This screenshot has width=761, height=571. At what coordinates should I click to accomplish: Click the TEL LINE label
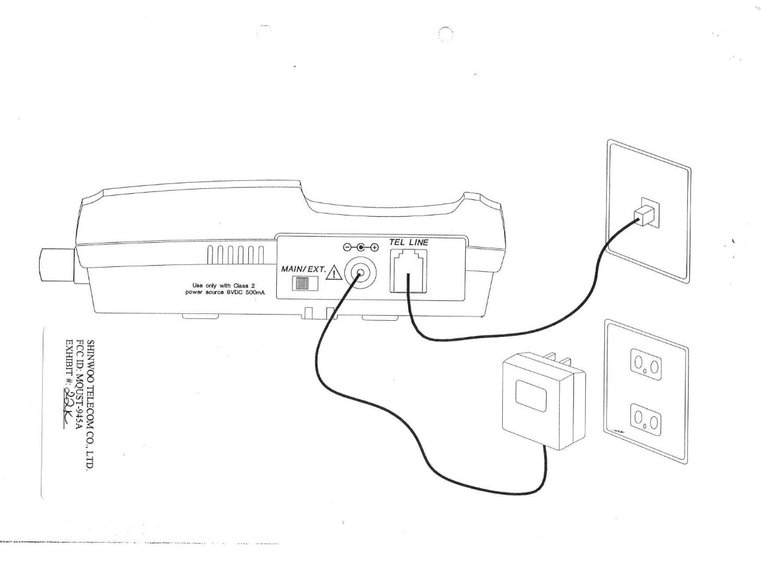tap(408, 242)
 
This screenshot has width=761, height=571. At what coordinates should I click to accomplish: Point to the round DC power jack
tap(359, 271)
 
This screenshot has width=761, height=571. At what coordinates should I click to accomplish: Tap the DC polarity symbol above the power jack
tap(359, 246)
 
